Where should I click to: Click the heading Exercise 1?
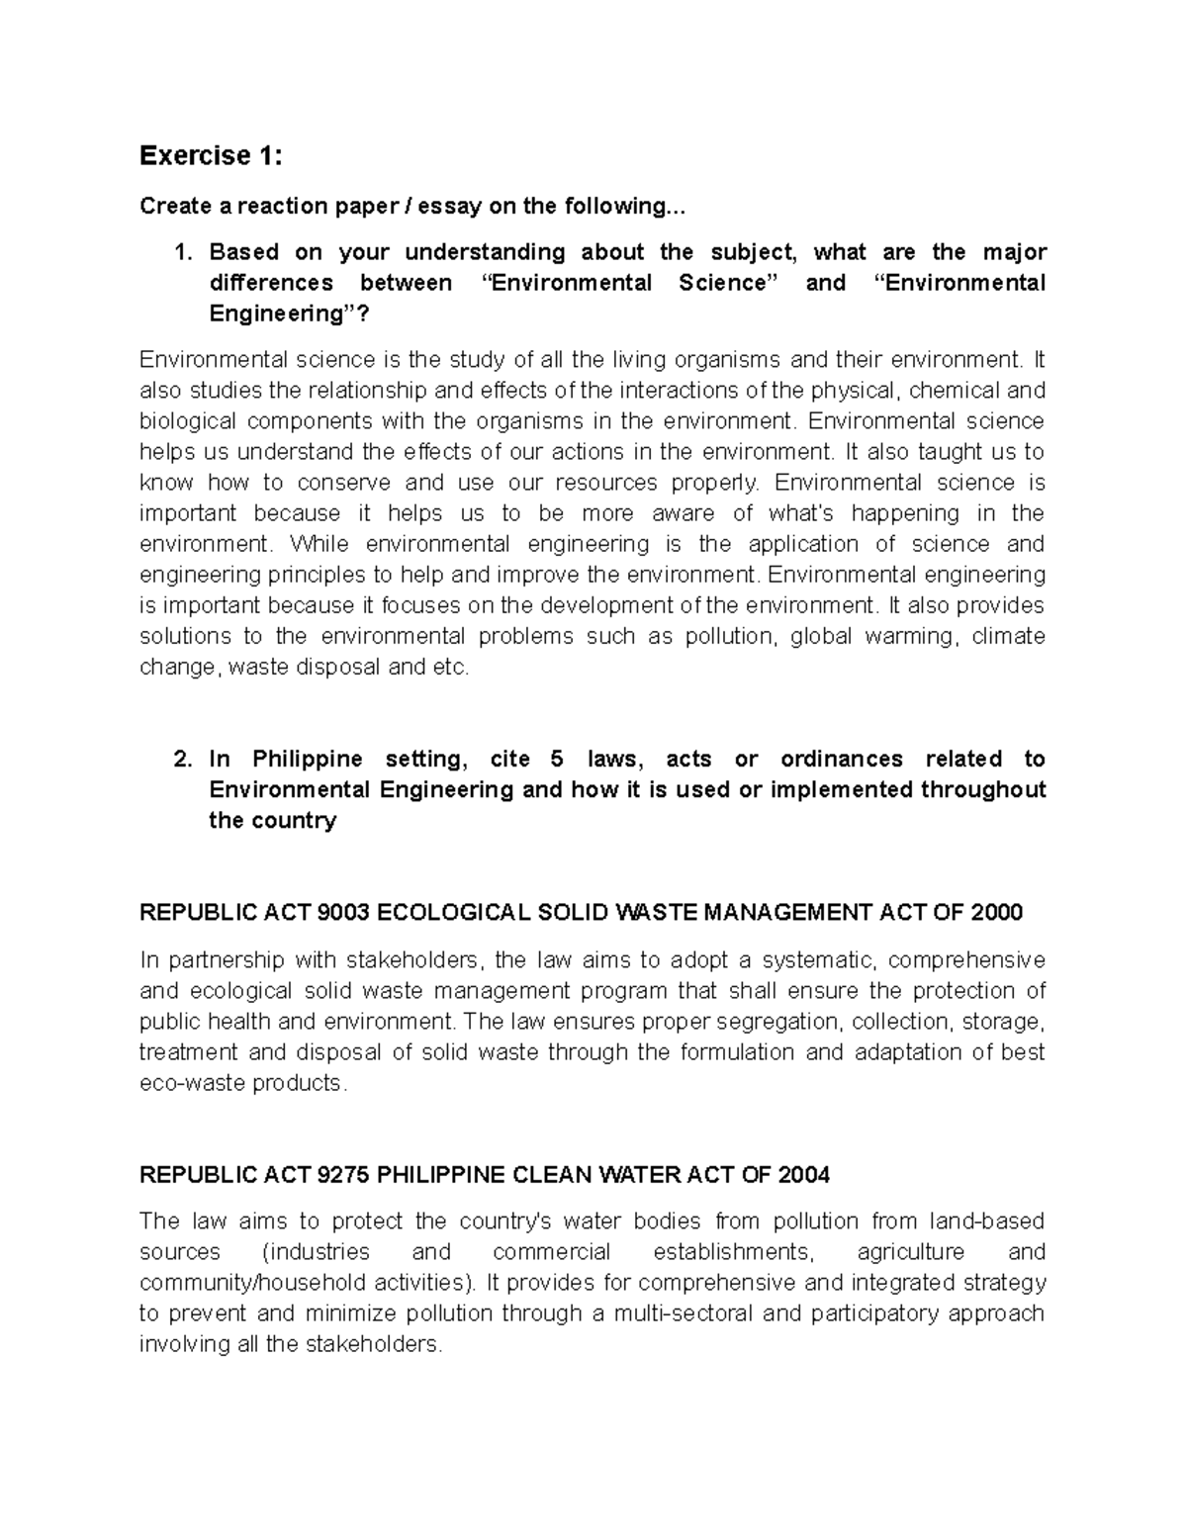coord(211,155)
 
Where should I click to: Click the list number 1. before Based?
coord(183,252)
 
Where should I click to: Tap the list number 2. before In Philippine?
coord(183,760)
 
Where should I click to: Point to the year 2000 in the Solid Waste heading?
coord(997,912)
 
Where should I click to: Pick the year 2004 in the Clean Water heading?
coord(804,1175)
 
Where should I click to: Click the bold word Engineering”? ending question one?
coord(293,315)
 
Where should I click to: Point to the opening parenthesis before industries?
coord(265,1252)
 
